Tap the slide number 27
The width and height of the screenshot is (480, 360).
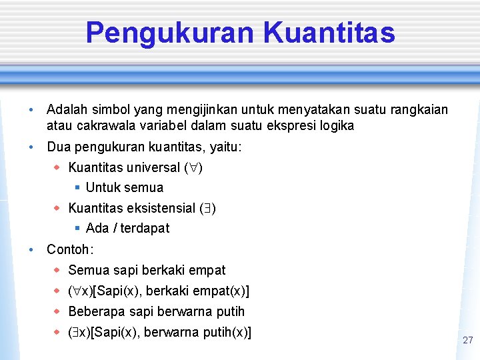[x=467, y=340]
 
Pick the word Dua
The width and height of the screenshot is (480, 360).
[x=59, y=147]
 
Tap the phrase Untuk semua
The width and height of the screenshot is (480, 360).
[x=125, y=187]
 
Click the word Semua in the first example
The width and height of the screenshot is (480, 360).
[x=89, y=270]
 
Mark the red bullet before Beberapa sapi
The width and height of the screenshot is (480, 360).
[x=57, y=311]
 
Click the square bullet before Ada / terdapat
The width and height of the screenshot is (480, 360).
[x=77, y=228]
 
